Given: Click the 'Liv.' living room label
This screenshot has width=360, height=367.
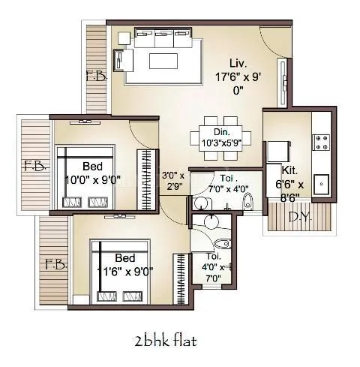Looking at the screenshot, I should [239, 63].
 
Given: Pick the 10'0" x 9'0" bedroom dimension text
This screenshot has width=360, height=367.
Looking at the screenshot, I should [93, 179].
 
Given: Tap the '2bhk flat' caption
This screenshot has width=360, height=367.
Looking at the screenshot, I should [165, 341].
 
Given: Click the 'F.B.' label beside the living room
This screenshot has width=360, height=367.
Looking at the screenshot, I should [95, 77].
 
